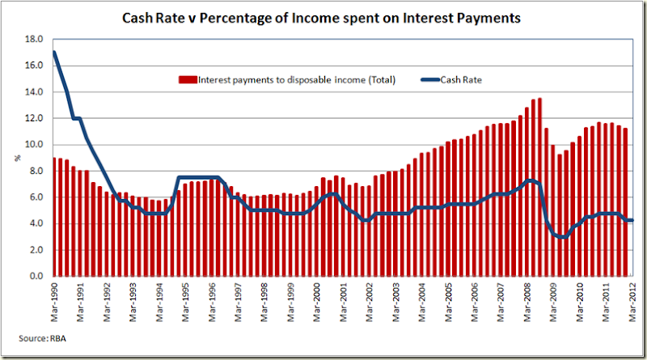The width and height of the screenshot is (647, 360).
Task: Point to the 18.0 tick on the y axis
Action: coord(33,39)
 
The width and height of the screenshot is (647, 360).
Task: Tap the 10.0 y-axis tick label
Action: coord(33,145)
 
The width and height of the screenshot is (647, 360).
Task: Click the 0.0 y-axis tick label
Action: coord(35,277)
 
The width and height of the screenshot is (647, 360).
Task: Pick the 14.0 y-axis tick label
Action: coord(33,92)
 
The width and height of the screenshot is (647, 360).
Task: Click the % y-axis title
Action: coord(17,157)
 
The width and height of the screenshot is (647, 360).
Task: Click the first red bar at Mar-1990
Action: coord(54,218)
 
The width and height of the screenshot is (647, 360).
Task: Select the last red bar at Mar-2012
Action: coord(625,202)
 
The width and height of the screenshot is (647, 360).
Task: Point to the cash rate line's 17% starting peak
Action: coord(54,53)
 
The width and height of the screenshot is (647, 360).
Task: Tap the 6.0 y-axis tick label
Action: coord(35,197)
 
